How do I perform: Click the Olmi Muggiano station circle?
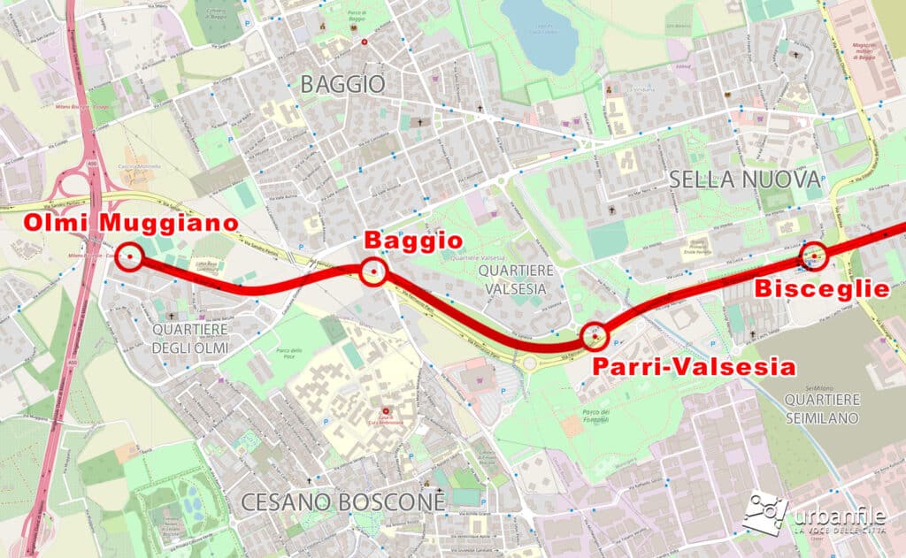[x=130, y=256]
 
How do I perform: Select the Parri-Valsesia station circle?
[x=596, y=337]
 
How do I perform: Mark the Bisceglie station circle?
[x=813, y=256]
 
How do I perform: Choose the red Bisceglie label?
[x=820, y=289]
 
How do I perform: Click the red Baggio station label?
[x=413, y=241]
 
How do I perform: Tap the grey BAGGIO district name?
[x=342, y=85]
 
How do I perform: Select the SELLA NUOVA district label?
[x=744, y=179]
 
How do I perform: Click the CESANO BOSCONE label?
[x=342, y=502]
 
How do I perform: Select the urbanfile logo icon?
[x=764, y=511]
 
